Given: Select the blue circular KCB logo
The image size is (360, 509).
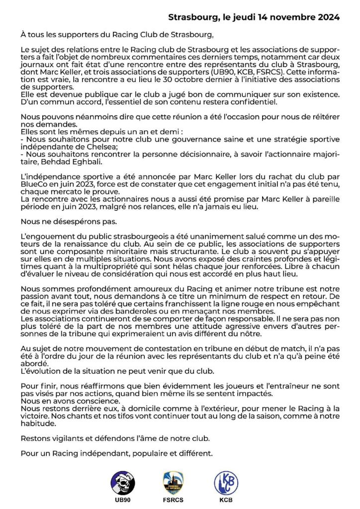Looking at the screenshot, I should point(226,482).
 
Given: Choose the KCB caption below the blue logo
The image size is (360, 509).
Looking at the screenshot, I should point(226,500).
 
